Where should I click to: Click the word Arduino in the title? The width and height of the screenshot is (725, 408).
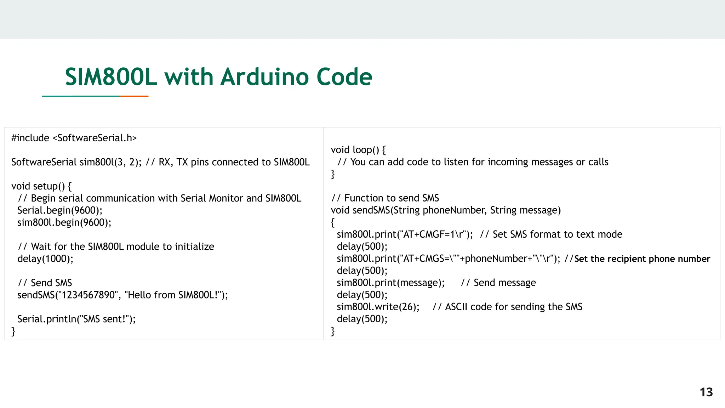(264, 77)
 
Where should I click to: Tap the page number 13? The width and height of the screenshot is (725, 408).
(706, 392)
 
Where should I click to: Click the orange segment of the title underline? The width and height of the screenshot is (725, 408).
(134, 96)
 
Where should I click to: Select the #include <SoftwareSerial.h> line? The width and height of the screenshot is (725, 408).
(74, 138)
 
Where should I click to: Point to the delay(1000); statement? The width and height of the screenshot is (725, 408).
(45, 259)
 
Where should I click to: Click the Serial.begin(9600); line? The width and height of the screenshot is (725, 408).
(60, 210)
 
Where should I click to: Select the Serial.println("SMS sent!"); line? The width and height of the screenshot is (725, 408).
(76, 319)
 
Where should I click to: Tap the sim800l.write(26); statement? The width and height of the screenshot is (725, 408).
(378, 307)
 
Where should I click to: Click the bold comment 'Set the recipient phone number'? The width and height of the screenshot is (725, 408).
(642, 259)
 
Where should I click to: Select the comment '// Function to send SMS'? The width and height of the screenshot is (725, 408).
(385, 198)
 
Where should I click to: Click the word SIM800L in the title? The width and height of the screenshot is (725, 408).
(111, 77)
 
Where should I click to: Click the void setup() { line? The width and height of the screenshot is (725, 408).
(41, 186)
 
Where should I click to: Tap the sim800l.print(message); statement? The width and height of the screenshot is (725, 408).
(391, 283)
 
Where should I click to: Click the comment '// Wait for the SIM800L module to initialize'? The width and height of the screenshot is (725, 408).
(116, 246)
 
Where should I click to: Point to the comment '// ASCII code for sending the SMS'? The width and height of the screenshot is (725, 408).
(507, 307)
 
